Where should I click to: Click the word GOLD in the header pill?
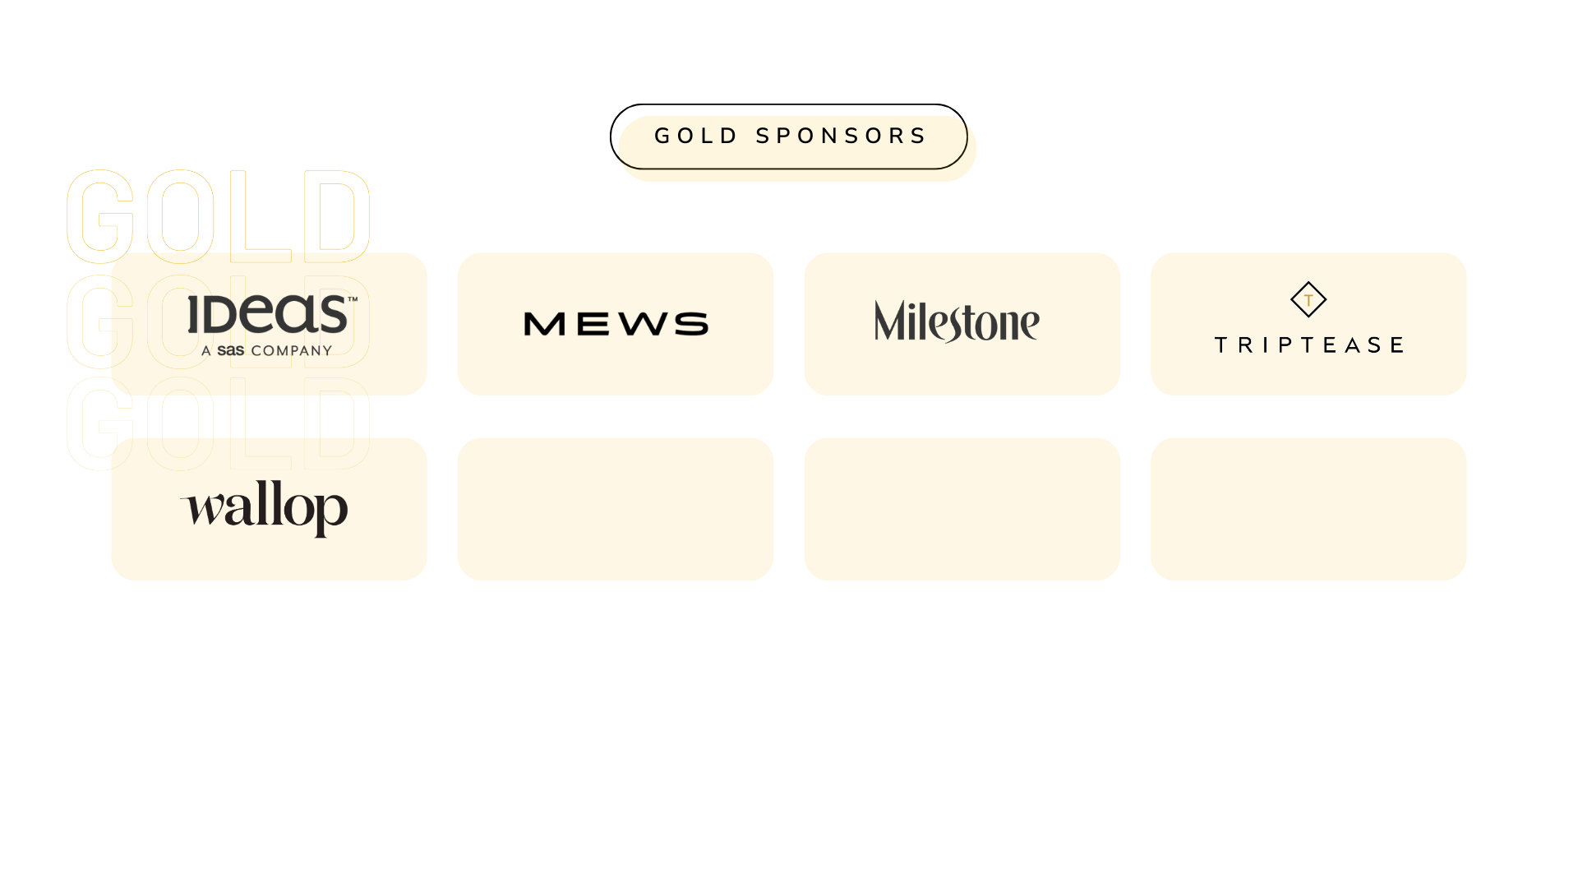[695, 136]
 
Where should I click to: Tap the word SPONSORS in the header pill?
[841, 136]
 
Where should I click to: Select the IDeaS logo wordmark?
[268, 314]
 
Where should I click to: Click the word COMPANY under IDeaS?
[292, 351]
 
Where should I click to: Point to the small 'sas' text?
[231, 351]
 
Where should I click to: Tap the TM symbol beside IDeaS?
[353, 299]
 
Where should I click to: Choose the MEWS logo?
[616, 324]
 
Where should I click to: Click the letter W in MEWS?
[642, 324]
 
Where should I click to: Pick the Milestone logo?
[957, 321]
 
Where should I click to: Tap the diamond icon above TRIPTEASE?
[1308, 299]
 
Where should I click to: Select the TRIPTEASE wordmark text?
[1308, 345]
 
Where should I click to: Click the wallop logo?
[265, 507]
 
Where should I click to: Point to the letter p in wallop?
[331, 511]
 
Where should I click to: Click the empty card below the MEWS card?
[616, 509]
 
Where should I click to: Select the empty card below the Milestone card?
[962, 509]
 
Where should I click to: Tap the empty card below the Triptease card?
[1308, 509]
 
